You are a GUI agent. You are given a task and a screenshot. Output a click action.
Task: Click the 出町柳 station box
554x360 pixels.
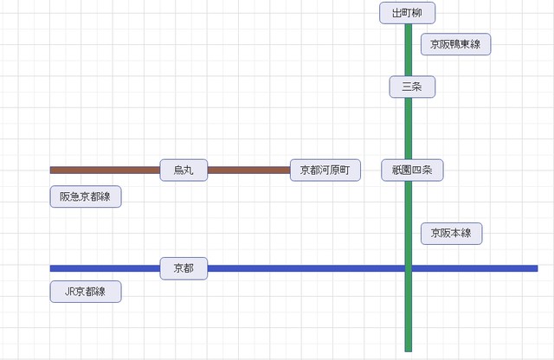[x=407, y=13]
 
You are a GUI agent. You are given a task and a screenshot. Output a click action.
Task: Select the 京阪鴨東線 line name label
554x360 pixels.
[x=455, y=44]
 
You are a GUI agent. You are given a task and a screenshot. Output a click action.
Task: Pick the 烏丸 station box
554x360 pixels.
[x=184, y=170]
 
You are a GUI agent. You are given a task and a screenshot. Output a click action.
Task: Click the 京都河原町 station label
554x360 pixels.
[x=324, y=170]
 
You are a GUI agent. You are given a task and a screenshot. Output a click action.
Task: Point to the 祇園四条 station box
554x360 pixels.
[x=412, y=170]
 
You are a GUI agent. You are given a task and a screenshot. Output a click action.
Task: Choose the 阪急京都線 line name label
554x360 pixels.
[x=85, y=196]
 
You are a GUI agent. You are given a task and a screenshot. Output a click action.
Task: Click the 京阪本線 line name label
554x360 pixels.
[x=451, y=233]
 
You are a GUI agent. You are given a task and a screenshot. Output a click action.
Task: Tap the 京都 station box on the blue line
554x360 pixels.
[x=184, y=268]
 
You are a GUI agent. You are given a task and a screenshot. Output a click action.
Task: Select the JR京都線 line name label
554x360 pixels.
[x=85, y=292]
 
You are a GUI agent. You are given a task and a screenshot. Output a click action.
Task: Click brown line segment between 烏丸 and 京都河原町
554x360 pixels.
[x=248, y=170]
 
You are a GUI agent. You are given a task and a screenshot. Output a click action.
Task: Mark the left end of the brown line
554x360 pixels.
[x=52, y=170]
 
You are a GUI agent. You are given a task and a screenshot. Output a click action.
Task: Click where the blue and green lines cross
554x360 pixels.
[x=408, y=268]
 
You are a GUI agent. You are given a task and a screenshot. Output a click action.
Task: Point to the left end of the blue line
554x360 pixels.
[x=52, y=268]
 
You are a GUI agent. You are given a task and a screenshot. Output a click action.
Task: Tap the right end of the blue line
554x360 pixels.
[x=536, y=268]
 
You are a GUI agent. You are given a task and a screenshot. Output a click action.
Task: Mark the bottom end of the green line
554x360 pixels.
[x=408, y=349]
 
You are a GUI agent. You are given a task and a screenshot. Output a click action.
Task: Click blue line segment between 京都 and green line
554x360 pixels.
[x=303, y=268]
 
